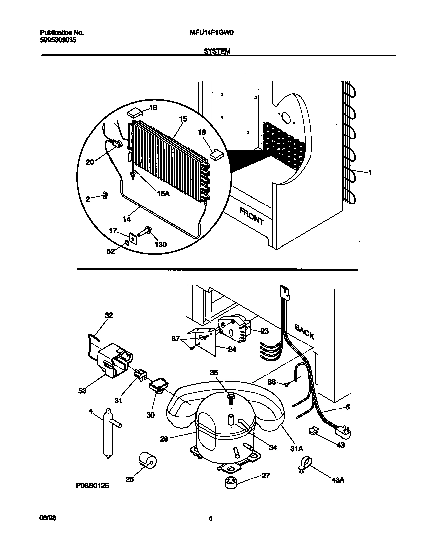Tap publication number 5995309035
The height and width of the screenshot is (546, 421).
[58, 40]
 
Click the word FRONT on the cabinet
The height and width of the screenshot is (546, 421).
[252, 216]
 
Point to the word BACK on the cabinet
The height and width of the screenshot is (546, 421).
[304, 331]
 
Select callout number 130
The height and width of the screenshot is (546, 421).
[160, 244]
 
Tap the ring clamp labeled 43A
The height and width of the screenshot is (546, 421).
[304, 465]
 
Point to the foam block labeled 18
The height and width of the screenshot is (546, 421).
[216, 154]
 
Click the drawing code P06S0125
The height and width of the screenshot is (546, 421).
[92, 487]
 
